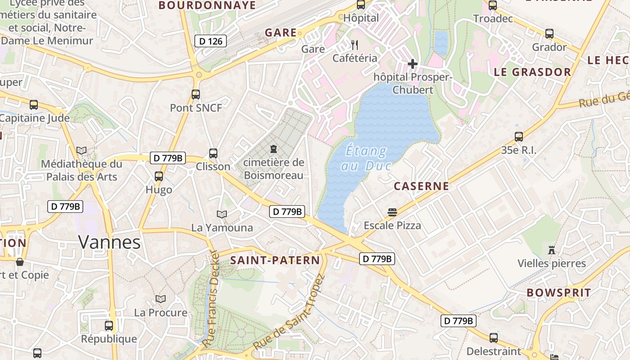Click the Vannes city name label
(x=109, y=242)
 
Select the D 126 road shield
(x=211, y=41)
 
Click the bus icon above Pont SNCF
(x=195, y=94)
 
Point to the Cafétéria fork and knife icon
(x=355, y=45)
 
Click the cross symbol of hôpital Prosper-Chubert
(x=412, y=64)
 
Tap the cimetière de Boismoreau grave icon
(x=273, y=149)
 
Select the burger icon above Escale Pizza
(x=392, y=212)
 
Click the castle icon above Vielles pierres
(x=552, y=250)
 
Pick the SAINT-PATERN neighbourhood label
(x=275, y=260)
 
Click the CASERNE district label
(x=421, y=186)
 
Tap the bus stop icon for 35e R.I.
(x=518, y=137)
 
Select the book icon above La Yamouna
(x=222, y=214)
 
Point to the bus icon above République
(x=109, y=325)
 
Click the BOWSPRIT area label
(x=558, y=292)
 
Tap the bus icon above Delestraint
(x=494, y=338)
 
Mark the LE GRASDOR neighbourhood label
(x=532, y=72)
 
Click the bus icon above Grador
(x=549, y=34)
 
